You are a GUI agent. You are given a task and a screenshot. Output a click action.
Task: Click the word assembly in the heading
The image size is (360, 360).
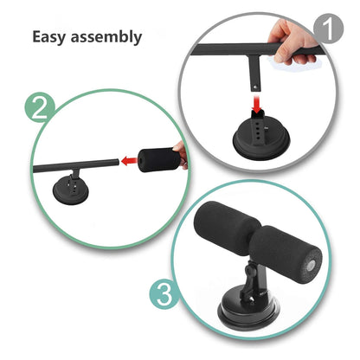[x=106, y=37]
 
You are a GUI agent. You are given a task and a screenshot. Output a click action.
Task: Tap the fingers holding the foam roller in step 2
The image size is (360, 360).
[x=179, y=155]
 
